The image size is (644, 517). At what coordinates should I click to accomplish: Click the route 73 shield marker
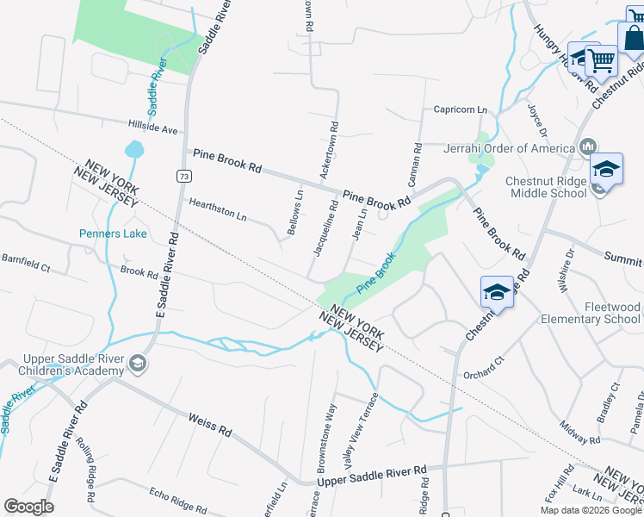[184, 176]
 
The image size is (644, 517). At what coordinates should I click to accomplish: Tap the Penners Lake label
[113, 234]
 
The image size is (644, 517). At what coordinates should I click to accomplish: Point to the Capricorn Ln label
[460, 110]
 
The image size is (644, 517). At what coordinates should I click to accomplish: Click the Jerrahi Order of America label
[508, 147]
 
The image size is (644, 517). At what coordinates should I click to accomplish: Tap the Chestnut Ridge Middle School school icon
[606, 169]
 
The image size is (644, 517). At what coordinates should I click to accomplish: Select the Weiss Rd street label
[210, 423]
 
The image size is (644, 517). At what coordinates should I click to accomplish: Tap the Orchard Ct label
[482, 367]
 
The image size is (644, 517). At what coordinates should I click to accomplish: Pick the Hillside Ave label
[152, 128]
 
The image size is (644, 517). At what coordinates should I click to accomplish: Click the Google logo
[28, 507]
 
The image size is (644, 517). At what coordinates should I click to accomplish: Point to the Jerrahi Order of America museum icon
[588, 146]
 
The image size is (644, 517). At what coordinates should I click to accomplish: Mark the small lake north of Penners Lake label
[134, 150]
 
